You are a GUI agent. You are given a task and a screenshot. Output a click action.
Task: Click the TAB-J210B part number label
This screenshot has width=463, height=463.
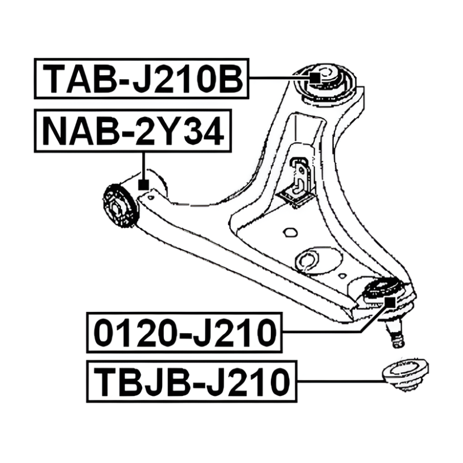pos(142,79)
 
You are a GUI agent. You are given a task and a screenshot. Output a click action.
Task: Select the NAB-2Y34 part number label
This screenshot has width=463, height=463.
pos(133,131)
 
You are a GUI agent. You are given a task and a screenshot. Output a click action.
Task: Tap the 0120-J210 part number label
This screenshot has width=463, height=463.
pos(185,332)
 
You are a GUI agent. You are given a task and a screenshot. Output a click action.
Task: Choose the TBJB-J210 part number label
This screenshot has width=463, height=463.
pos(192,381)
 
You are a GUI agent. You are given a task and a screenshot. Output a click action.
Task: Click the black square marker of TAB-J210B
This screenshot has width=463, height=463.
pos(315,78)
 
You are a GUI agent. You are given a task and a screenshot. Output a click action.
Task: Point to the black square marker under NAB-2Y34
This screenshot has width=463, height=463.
pos(144,185)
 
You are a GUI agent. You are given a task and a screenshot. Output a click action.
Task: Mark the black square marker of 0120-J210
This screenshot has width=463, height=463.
pos(390,302)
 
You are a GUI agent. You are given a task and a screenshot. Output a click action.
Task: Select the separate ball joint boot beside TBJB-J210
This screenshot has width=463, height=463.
pos(405,374)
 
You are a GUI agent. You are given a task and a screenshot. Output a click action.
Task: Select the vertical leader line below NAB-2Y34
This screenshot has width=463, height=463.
pos(144,166)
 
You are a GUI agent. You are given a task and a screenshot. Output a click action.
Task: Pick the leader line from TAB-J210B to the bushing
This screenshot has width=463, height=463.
pos(280,78)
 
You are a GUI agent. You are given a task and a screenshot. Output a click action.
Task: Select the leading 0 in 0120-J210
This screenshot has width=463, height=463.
pos(105,333)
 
